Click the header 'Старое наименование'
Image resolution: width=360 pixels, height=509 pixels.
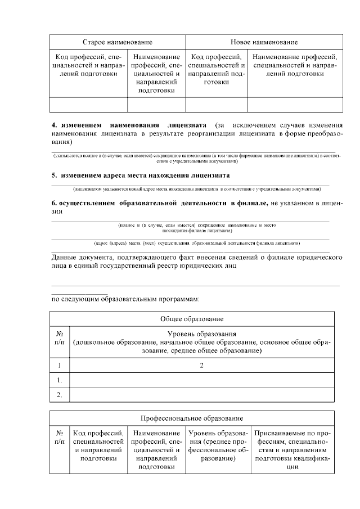(118, 43)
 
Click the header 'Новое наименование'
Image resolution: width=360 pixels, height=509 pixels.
(264, 43)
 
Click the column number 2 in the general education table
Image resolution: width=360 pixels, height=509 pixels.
(201, 366)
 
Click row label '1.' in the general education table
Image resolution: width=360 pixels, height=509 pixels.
(59, 381)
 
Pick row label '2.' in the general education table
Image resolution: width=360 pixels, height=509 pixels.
(59, 395)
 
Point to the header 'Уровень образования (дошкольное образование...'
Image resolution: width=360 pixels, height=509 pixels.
(201, 343)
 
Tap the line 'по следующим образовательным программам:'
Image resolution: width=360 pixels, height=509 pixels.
(125, 299)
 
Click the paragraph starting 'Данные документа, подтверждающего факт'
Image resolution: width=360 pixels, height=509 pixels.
(197, 262)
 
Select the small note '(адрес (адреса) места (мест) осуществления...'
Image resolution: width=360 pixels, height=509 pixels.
(197, 244)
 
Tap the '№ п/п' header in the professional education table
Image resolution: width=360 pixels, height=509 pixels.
(59, 438)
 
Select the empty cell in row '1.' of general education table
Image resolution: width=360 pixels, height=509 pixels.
(201, 381)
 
